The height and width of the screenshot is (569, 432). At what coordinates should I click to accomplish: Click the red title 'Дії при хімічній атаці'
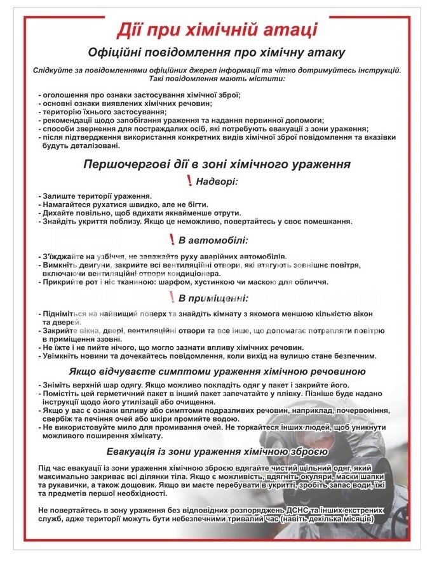[217, 29]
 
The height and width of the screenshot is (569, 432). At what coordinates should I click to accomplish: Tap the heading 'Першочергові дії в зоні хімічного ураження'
[217, 164]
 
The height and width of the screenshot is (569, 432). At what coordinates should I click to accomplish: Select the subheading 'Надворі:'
[217, 182]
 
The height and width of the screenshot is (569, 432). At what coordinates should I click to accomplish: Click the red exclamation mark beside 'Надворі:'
[189, 182]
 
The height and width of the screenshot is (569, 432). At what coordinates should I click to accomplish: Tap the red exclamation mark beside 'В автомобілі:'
[172, 239]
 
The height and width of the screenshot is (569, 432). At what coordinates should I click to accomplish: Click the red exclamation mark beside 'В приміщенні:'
[172, 297]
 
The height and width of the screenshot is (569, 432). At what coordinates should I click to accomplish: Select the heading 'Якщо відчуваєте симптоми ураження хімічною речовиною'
[217, 372]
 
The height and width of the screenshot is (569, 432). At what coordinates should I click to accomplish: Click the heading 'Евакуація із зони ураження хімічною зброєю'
[217, 452]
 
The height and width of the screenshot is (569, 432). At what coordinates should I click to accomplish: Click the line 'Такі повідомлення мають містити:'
[217, 78]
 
